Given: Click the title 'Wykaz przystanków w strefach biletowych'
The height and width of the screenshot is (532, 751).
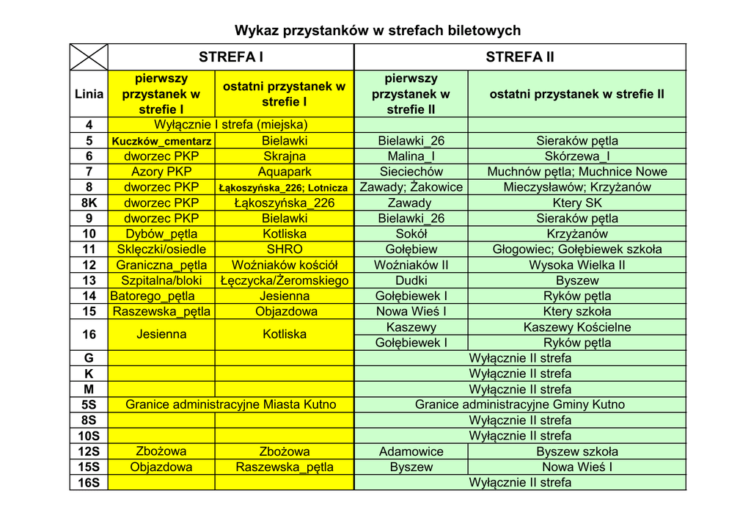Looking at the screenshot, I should click(378, 30).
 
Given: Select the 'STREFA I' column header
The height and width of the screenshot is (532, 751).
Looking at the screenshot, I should click(230, 57).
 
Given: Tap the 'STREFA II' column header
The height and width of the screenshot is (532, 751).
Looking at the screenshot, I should click(520, 57).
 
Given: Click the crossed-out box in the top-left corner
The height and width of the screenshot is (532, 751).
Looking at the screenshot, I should click(89, 57).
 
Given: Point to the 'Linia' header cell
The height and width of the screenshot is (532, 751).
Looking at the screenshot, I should click(89, 94).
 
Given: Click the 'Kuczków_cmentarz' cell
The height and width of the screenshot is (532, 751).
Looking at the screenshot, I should click(161, 141).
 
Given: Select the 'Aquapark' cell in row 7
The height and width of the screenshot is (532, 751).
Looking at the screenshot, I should click(285, 172).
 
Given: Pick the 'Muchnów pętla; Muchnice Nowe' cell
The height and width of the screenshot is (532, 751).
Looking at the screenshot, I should click(577, 172).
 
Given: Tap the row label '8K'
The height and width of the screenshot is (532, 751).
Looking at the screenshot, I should click(89, 203).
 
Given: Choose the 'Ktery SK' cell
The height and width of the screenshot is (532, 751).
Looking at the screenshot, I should click(577, 203).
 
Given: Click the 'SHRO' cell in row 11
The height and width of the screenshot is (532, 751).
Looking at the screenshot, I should click(285, 249).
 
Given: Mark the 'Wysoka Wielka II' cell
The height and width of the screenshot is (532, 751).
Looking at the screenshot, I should click(577, 265).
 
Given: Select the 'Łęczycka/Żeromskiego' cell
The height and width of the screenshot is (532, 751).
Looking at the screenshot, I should click(285, 280).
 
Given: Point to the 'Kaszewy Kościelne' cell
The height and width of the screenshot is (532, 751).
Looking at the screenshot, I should click(577, 327).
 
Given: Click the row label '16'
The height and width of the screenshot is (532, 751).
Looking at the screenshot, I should click(89, 335).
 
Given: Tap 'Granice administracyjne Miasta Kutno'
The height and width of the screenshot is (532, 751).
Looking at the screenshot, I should click(230, 404).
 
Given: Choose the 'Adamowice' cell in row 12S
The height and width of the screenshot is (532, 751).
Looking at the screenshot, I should click(411, 451).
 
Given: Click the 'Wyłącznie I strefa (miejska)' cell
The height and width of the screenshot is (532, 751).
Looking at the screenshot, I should click(230, 125).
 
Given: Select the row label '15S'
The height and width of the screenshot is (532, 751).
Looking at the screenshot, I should click(89, 467).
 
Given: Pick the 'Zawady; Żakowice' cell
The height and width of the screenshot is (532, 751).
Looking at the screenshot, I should click(411, 187).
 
